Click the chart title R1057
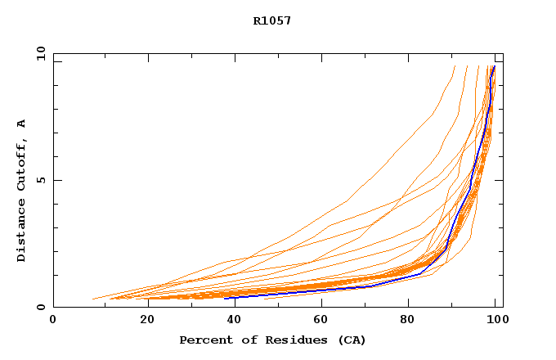coord(272,21)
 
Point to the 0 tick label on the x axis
coord(53,320)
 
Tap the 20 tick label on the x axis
coord(142,320)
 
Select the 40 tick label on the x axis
coord(231,320)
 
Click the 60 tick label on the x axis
coord(320,320)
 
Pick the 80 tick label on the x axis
coord(408,320)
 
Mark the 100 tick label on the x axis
coord(496,320)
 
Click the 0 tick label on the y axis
coord(40,307)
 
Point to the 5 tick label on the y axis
coord(40,180)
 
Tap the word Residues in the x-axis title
coord(280,340)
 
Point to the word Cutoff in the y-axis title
coord(22,163)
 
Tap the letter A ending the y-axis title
coord(22,124)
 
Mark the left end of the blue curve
coord(224,298)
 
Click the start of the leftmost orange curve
coord(93,299)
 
